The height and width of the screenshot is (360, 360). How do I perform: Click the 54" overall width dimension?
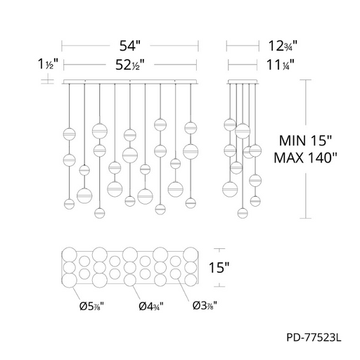[130, 46]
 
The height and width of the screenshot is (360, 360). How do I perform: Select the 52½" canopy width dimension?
[129, 65]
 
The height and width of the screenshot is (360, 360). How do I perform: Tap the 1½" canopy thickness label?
[48, 64]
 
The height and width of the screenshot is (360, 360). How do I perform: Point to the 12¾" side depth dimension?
[283, 46]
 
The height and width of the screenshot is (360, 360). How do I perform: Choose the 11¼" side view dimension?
[281, 65]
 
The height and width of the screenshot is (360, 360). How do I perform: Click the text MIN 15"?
[305, 141]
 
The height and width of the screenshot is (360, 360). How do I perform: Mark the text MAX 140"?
[305, 157]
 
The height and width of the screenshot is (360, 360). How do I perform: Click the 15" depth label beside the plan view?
[219, 267]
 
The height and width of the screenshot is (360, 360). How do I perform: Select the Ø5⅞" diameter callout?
[91, 306]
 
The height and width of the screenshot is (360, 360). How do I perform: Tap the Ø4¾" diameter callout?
[151, 306]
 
